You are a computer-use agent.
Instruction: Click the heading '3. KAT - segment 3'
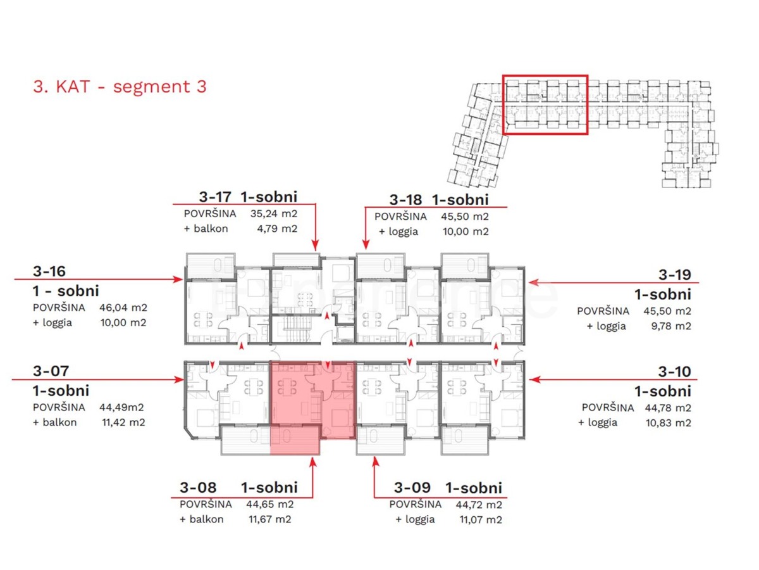(x=120, y=87)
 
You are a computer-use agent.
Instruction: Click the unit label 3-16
(x=49, y=272)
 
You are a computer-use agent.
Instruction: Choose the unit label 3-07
(x=50, y=371)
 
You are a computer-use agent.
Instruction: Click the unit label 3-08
(x=198, y=488)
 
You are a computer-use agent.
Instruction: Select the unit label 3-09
(x=412, y=488)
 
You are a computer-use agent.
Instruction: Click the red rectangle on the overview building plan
(x=545, y=104)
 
